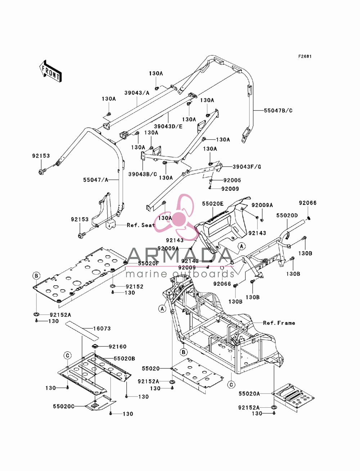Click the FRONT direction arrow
click(x=50, y=71)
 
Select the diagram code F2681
click(x=305, y=56)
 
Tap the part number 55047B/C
click(x=278, y=111)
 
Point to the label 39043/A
click(x=137, y=93)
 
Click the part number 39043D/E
click(x=168, y=127)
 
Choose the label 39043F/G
click(x=247, y=167)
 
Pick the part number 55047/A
click(x=96, y=180)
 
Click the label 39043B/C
click(x=143, y=174)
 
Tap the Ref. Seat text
click(x=141, y=225)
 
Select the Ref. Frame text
click(x=279, y=323)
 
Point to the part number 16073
click(x=102, y=329)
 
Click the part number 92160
click(x=118, y=347)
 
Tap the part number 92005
click(x=232, y=180)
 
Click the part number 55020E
click(x=213, y=203)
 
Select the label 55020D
click(x=287, y=215)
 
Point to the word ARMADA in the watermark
click(x=180, y=256)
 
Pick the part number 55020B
click(x=124, y=359)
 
